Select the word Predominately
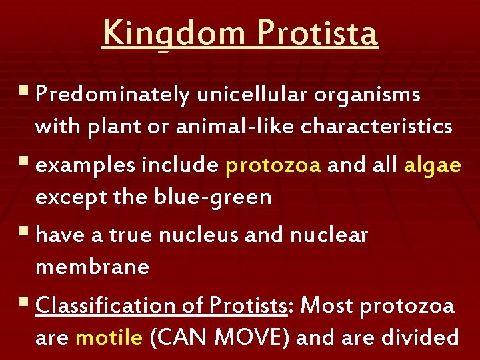(x=113, y=95)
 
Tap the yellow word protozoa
(x=273, y=166)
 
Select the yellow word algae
(x=432, y=166)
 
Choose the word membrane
(x=92, y=267)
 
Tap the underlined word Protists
(x=248, y=306)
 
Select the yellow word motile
(x=109, y=337)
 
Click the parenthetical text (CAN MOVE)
(x=219, y=337)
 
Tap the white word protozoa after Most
(x=407, y=306)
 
